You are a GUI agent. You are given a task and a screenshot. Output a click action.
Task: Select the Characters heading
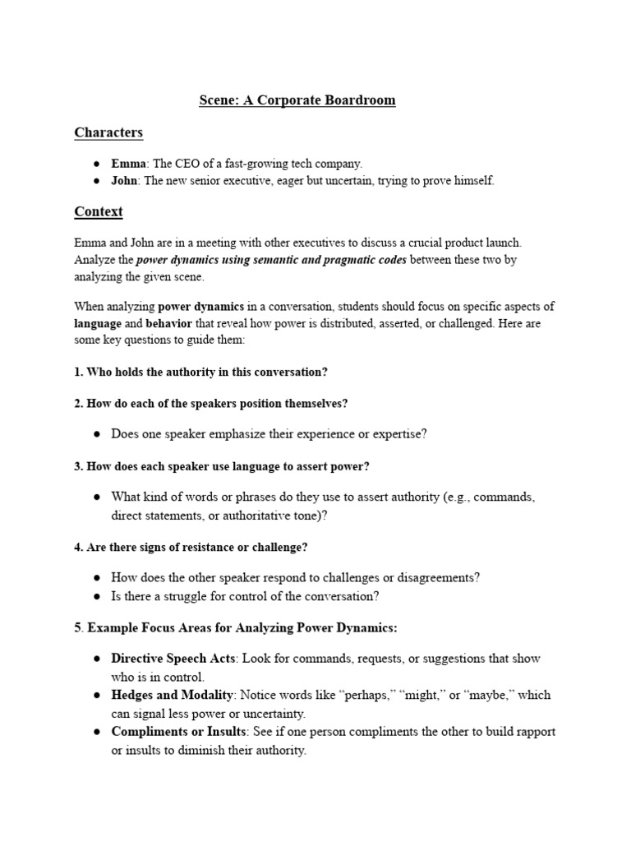pyautogui.click(x=108, y=132)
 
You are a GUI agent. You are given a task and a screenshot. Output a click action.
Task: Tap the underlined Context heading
pyautogui.click(x=99, y=211)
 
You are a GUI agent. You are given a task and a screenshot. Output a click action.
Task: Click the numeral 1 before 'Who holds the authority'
pyautogui.click(x=77, y=372)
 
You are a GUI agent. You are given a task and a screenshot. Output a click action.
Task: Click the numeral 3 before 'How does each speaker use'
pyautogui.click(x=77, y=466)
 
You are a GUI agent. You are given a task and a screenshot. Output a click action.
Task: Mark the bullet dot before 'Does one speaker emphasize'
pyautogui.click(x=97, y=435)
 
